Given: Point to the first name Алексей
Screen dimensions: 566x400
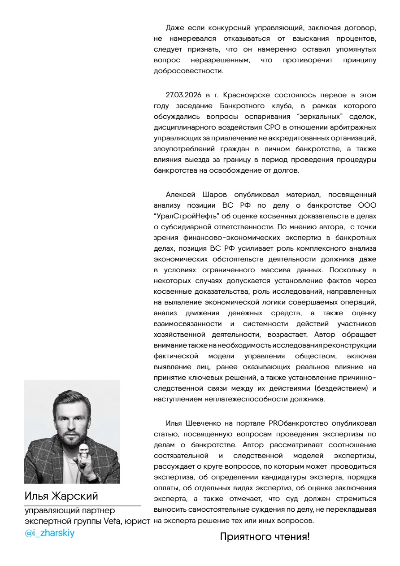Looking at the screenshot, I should (181, 195).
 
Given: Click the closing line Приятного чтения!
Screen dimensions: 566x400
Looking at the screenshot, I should (265, 536).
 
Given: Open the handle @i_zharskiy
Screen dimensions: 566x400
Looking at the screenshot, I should (49, 533).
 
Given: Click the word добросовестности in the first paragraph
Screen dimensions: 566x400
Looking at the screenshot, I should (188, 71).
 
